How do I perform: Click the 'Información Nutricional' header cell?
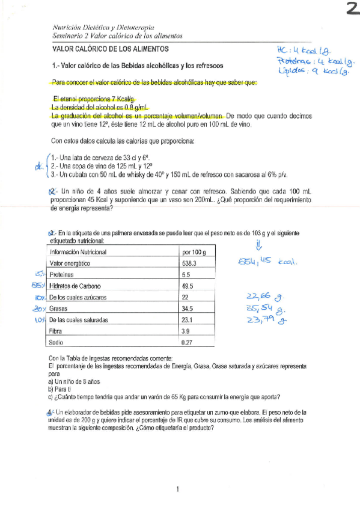tap(78, 252)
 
